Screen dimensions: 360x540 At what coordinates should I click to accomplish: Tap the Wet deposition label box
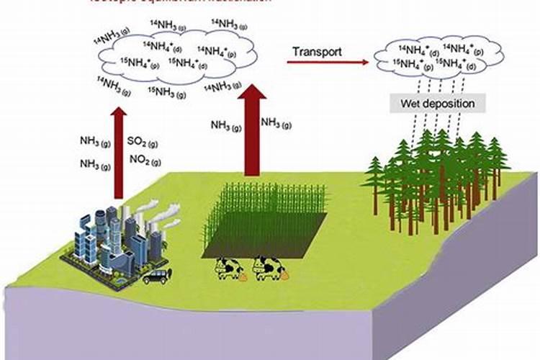point(438,104)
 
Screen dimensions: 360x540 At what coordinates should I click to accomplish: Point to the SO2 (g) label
point(141,141)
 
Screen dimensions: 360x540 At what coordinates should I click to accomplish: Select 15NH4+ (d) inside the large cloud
point(188,63)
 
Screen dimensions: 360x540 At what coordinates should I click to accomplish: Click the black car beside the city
point(156,276)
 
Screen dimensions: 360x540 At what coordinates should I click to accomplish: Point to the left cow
point(229,269)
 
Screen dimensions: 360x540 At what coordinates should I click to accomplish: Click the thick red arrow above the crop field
point(251,130)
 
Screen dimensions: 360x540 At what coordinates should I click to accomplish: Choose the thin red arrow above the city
point(120,151)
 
